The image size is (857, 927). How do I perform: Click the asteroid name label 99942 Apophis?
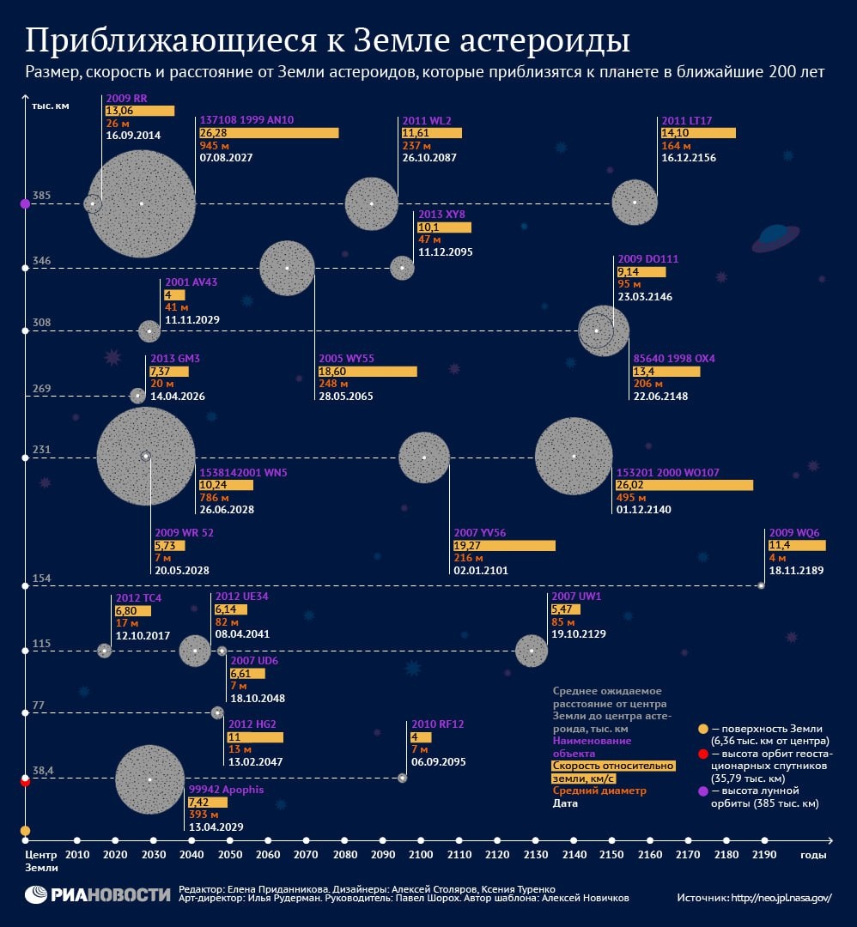tap(226, 790)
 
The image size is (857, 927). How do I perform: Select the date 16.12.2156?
tap(688, 158)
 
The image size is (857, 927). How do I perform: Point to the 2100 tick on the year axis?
tap(421, 841)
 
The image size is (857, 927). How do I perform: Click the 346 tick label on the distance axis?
tap(42, 260)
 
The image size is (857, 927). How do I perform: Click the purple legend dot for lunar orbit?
tap(703, 791)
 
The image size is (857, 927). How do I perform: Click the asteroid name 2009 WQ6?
tap(794, 532)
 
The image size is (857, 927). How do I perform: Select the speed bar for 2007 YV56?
tap(504, 545)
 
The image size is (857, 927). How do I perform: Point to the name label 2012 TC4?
tap(138, 598)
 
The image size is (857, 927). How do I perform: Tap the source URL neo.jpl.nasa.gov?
tap(781, 898)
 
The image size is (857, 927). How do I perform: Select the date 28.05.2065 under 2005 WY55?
tap(348, 397)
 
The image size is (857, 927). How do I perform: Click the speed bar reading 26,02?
tap(684, 485)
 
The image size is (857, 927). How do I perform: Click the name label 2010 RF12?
tap(437, 724)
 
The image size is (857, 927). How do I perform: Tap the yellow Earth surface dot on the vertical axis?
tap(25, 831)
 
